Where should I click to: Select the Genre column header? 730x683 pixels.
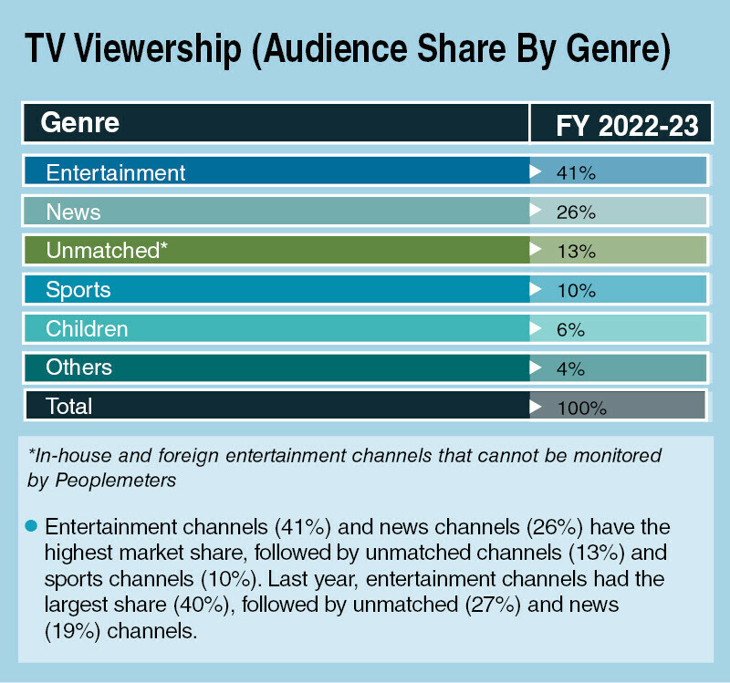pos(80,122)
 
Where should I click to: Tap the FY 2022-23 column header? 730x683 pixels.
pos(626,124)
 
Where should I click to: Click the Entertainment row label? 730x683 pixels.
pos(116,172)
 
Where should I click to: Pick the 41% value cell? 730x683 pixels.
pos(575,172)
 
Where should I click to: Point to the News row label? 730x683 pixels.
pos(73,212)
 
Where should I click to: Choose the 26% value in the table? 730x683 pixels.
pos(575,212)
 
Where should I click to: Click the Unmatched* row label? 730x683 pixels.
pos(107,251)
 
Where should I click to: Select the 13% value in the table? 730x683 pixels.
pos(575,252)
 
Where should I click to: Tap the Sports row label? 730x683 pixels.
pos(78,290)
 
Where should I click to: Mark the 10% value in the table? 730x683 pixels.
pos(575,291)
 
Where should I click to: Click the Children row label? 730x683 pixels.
pos(87,328)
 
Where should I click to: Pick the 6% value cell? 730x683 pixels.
pos(569,330)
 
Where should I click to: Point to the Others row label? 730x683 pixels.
pos(79,367)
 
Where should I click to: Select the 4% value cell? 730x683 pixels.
pos(569,369)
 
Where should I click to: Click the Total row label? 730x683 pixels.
pos(69,406)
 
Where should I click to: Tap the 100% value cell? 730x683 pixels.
pos(580,408)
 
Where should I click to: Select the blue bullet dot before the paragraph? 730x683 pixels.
pos(31,526)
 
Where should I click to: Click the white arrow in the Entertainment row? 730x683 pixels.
pos(535,171)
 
